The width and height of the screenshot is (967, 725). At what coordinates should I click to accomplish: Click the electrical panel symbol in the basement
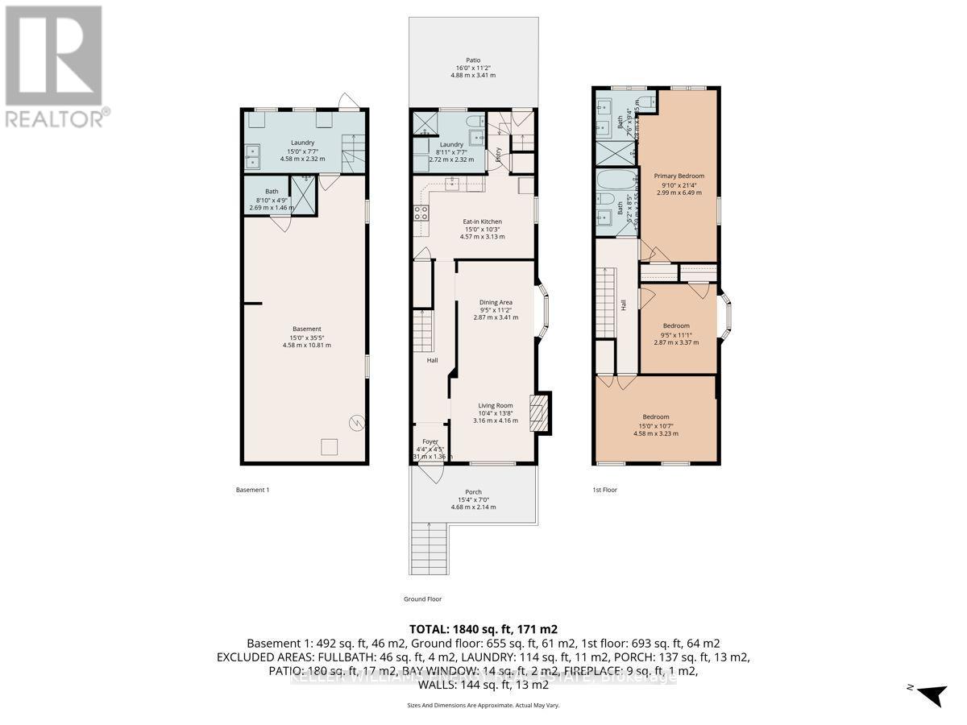pyautogui.click(x=355, y=421)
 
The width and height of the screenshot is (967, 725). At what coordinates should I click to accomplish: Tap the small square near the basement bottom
pyautogui.click(x=328, y=445)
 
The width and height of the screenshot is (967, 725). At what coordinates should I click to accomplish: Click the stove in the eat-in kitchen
pyautogui.click(x=421, y=213)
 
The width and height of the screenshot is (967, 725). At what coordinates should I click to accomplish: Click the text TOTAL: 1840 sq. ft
pyautogui.click(x=483, y=628)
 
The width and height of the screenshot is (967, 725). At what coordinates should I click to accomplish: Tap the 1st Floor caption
pyautogui.click(x=604, y=489)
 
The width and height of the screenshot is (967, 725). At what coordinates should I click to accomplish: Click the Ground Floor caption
pyautogui.click(x=422, y=599)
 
